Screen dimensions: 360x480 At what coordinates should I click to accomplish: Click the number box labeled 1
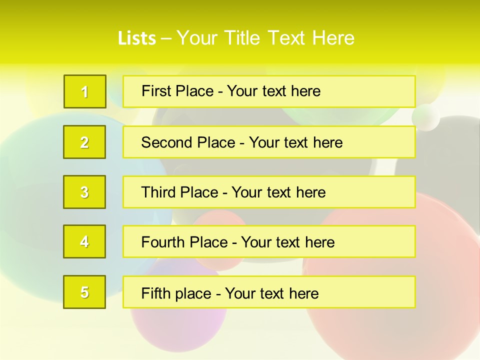coord(85,91)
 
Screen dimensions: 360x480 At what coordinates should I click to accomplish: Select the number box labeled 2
coord(84,142)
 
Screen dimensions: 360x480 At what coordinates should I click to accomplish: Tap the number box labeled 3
coord(84,192)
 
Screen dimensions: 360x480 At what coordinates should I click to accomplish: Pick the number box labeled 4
coord(84,241)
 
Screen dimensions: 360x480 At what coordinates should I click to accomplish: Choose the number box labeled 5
coord(84,292)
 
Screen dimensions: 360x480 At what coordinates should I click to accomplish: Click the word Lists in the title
coord(137,38)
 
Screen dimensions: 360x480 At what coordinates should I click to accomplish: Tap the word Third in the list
coord(159,192)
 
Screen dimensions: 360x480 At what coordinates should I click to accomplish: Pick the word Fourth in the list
coord(163,242)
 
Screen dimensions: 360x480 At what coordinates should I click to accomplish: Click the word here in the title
coord(333,38)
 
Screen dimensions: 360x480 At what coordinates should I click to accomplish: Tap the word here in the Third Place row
coord(310,192)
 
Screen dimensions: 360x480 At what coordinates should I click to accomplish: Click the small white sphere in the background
coord(425,117)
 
